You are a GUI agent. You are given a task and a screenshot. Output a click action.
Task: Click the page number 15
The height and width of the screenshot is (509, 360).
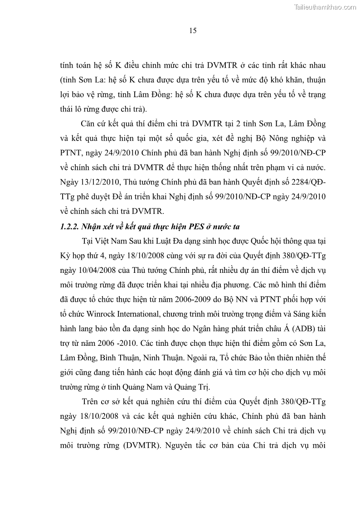tap(193, 31)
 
